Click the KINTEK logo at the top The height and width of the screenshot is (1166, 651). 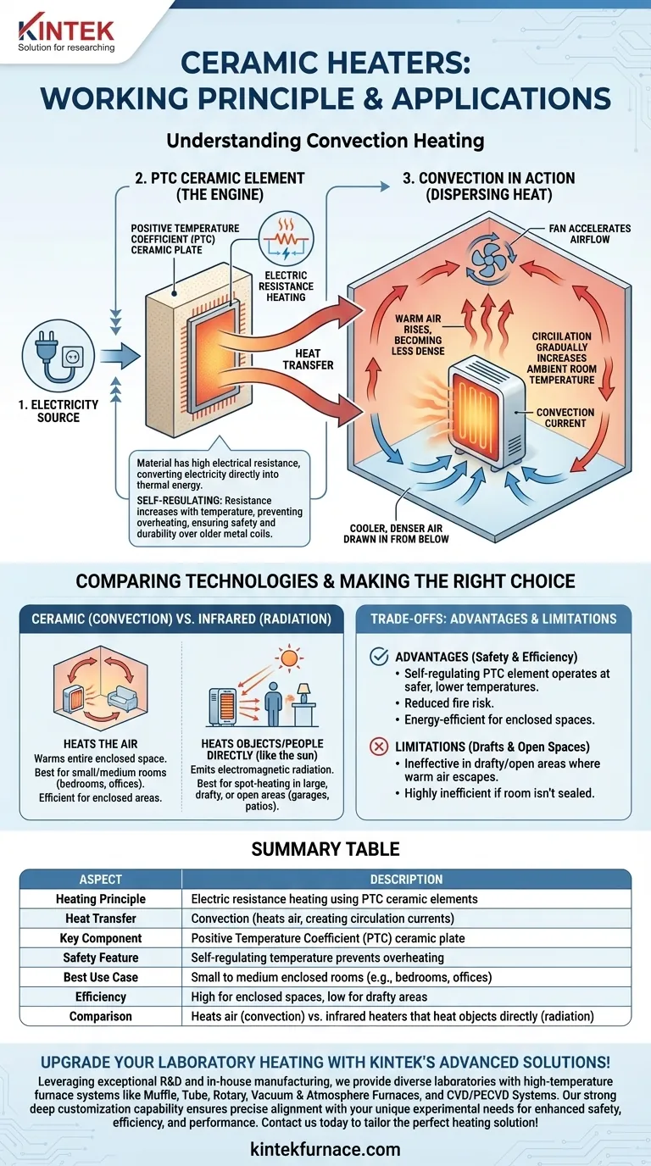[x=66, y=31]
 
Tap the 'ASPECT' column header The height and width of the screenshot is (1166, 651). [x=100, y=880]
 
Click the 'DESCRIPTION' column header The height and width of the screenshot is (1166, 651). [x=406, y=880]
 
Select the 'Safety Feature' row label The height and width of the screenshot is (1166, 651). [x=100, y=958]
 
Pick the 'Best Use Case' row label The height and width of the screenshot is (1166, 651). [x=100, y=977]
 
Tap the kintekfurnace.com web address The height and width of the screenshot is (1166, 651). [x=325, y=1150]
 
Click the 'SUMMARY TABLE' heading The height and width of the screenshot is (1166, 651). [x=325, y=848]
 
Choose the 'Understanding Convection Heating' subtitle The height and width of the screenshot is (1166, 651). [x=325, y=141]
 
